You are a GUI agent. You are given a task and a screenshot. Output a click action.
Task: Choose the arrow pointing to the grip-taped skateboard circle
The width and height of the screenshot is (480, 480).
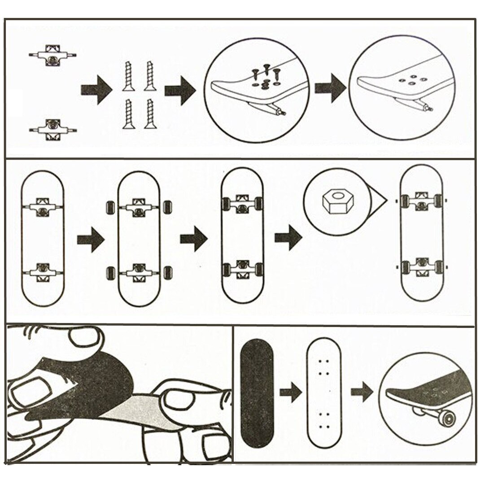pyautogui.click(x=362, y=393)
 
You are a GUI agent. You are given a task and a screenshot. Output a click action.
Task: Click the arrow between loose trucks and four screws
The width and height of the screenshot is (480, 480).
pyautogui.click(x=96, y=89)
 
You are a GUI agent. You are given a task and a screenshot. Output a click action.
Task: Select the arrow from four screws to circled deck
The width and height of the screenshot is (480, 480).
pyautogui.click(x=180, y=90)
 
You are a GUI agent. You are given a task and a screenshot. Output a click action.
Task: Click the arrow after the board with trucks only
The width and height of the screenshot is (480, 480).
pyautogui.click(x=90, y=240)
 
